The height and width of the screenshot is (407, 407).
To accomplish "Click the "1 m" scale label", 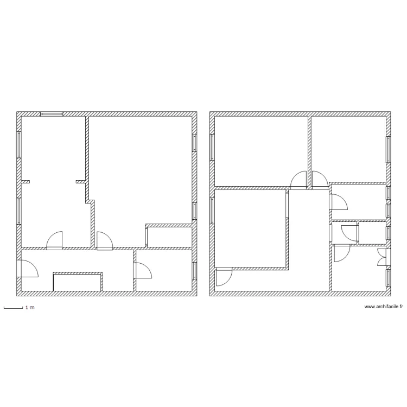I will click(x=29, y=308).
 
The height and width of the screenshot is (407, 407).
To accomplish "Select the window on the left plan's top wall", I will click(x=52, y=114).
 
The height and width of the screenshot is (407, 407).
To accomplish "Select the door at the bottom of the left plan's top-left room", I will click(x=55, y=241).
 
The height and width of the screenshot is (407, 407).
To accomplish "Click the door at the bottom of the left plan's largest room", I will click(x=104, y=241).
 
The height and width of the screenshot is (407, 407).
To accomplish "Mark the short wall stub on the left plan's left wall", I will click(x=26, y=181).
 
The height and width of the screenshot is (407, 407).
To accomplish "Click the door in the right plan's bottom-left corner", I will click(x=223, y=277).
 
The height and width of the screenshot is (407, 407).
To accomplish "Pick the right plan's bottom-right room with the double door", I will click(x=358, y=269).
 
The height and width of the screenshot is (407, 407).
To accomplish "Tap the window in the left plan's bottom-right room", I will click(x=194, y=270).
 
